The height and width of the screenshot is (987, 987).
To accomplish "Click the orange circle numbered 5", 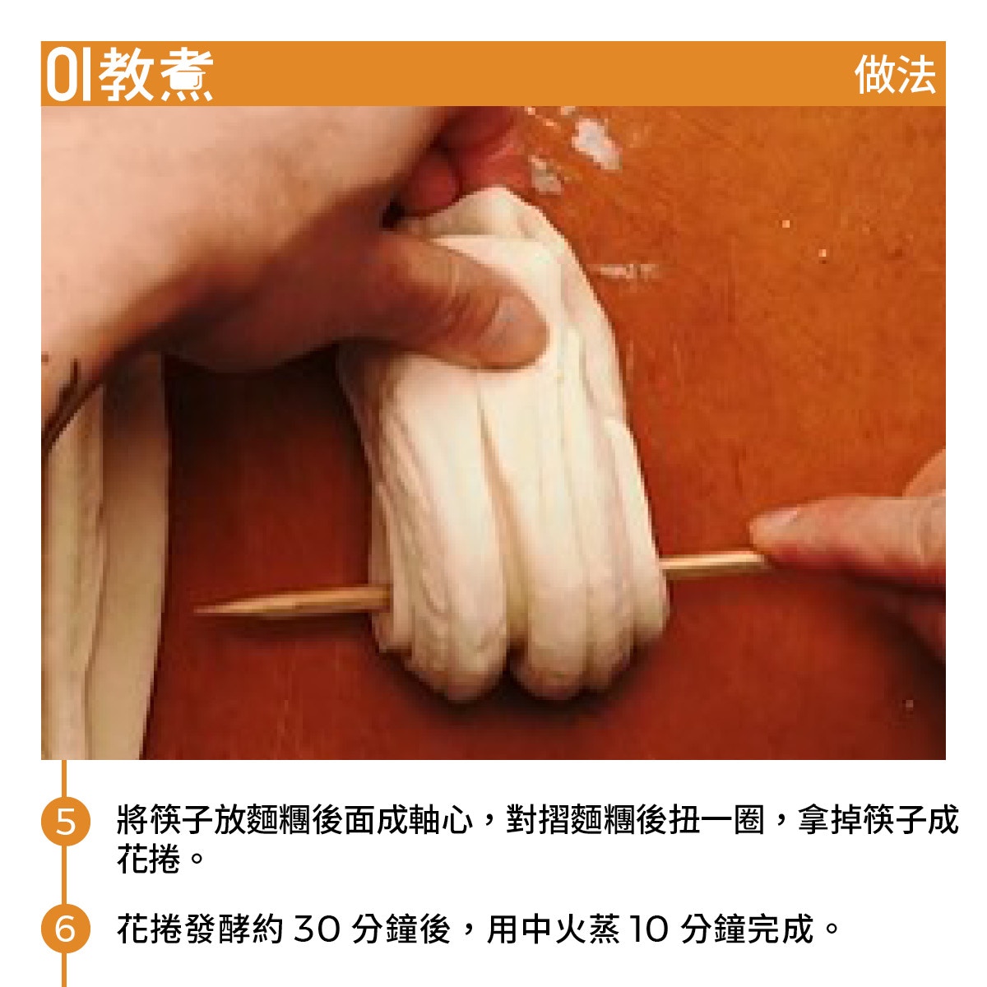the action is coord(65,821).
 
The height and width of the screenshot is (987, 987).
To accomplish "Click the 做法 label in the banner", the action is coord(894,75).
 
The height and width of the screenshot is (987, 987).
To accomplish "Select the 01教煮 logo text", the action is coord(130,75).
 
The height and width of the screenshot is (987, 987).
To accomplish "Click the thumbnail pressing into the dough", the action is coord(512,328).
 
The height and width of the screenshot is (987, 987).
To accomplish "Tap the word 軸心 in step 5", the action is coord(440,821).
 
